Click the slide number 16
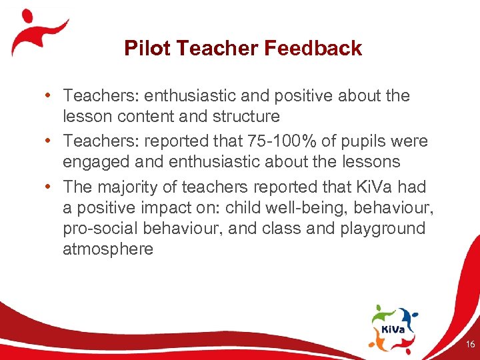[469, 345]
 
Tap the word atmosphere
[108, 249]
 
